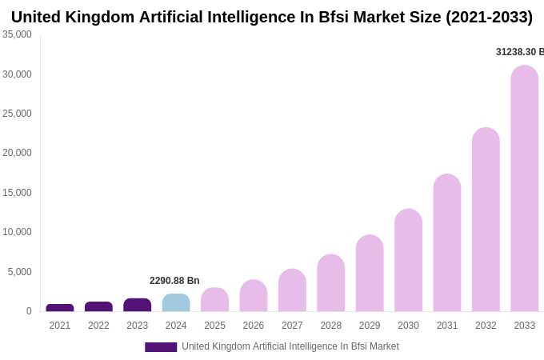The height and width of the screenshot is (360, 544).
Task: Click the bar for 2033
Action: [524, 189]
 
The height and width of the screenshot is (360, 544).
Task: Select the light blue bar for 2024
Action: [176, 303]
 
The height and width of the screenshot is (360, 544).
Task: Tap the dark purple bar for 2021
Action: [60, 308]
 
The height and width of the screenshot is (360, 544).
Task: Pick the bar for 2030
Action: [408, 260]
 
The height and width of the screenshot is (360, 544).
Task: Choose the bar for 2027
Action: [292, 290]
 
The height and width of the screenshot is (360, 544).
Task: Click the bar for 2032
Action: [486, 220]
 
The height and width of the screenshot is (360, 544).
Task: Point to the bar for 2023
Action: [138, 305]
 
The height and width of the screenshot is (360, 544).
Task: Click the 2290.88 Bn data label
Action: [174, 281]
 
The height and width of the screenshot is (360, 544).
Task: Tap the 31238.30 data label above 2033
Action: [519, 52]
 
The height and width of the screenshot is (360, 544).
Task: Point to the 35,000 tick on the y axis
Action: [18, 34]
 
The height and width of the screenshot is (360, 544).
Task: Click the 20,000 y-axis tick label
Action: [18, 153]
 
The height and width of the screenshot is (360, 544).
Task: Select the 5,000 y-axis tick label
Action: [20, 272]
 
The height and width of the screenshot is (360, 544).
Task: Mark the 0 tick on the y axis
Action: [29, 311]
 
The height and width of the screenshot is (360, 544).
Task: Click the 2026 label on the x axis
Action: [254, 326]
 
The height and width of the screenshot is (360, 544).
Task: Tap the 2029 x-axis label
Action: [370, 326]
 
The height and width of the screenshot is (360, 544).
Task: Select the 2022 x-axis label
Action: [98, 326]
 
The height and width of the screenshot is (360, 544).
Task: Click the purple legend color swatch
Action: [161, 347]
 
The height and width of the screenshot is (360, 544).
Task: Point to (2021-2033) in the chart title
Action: [489, 17]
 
